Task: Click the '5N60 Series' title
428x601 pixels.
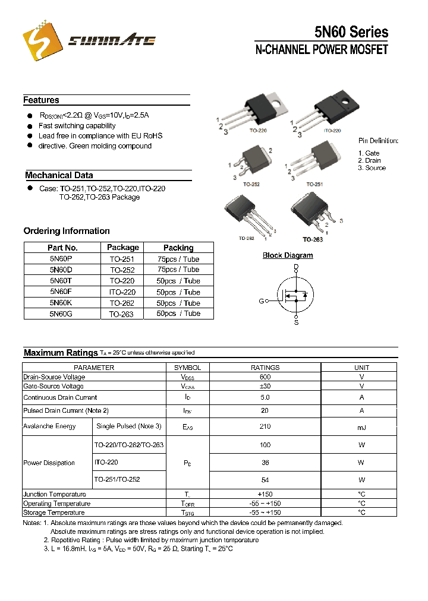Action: click(x=351, y=32)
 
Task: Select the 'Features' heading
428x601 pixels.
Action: click(x=41, y=100)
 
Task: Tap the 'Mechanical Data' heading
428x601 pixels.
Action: click(x=59, y=175)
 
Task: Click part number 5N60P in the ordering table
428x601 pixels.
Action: click(x=62, y=259)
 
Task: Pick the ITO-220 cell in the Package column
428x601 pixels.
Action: click(x=122, y=292)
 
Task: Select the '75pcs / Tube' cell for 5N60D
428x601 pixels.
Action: click(x=178, y=270)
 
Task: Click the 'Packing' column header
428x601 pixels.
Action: click(x=178, y=248)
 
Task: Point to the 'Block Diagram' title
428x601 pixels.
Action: click(x=288, y=255)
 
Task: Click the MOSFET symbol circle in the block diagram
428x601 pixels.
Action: click(x=295, y=295)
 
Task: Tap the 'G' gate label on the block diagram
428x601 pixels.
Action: click(x=261, y=301)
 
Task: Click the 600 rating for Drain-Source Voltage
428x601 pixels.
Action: click(x=265, y=377)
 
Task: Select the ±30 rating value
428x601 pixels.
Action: click(x=265, y=386)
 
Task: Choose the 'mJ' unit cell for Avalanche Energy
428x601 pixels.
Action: click(x=361, y=426)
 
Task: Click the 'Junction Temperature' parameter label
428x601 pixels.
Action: click(x=55, y=494)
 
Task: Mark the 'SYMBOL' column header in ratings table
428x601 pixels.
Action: click(x=187, y=368)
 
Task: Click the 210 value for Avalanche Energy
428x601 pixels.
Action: click(x=265, y=426)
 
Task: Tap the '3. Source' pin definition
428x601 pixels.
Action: click(x=372, y=168)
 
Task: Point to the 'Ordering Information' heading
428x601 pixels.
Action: click(x=67, y=231)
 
